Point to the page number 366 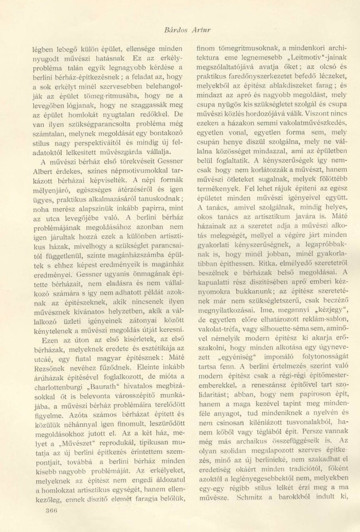click(x=51, y=510)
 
